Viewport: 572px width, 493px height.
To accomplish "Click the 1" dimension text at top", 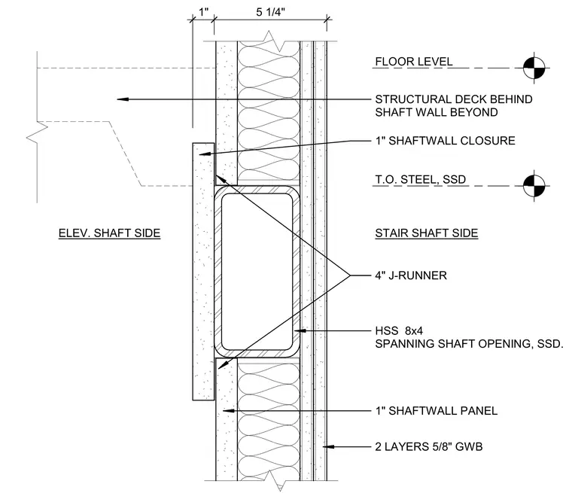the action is tap(203, 12).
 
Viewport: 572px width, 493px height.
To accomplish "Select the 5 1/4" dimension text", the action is tap(270, 12).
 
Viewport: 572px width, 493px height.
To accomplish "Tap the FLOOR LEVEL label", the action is tap(414, 61).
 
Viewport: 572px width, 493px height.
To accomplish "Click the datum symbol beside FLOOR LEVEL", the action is tap(534, 68).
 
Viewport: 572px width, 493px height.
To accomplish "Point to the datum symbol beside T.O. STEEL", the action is tap(534, 185).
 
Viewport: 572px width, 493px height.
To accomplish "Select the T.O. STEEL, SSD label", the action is tap(421, 180).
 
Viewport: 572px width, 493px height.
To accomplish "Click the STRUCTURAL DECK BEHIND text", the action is tap(453, 99).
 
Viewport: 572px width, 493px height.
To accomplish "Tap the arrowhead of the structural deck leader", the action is tap(123, 99).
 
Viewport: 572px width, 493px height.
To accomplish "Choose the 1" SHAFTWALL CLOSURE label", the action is tap(445, 141).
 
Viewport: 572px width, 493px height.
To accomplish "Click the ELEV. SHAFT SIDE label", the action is tap(109, 233).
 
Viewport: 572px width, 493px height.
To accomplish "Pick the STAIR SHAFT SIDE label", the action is tap(427, 233).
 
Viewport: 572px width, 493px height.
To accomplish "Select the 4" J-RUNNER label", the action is tap(411, 275).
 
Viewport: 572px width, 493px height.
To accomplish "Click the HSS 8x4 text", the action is tap(399, 330).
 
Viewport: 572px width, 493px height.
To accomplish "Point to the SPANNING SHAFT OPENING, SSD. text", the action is tap(469, 344).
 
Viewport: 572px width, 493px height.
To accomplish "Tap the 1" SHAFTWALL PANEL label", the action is tap(437, 411).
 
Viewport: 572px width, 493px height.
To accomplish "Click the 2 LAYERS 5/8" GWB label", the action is tap(429, 446).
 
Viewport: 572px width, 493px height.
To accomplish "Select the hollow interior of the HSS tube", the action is tap(257, 272).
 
